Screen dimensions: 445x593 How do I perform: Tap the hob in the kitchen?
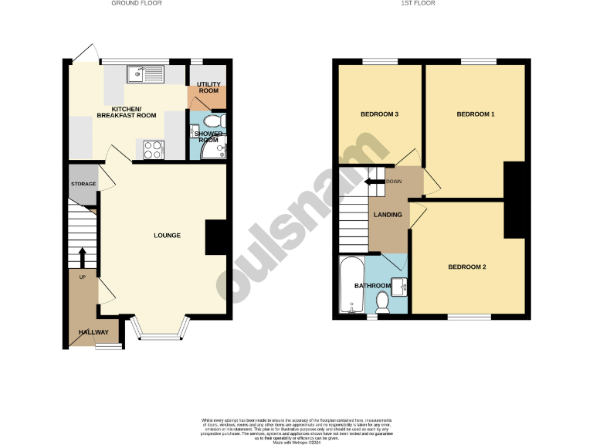(151, 149)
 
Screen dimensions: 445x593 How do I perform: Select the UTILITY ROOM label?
(208, 87)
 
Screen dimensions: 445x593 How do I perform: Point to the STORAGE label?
(83, 184)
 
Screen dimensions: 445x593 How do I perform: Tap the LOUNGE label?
(167, 235)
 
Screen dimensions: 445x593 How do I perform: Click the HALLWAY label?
(93, 333)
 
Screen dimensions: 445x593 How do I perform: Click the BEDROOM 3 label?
(380, 115)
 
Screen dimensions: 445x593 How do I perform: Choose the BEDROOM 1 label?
(475, 114)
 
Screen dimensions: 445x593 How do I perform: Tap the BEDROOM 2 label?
(467, 267)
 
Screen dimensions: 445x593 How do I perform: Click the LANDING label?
(388, 215)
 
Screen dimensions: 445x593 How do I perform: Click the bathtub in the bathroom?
(351, 285)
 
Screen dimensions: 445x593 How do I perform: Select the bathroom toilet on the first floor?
(382, 301)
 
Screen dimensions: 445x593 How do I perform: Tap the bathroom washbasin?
(400, 286)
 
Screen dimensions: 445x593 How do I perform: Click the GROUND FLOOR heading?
(137, 3)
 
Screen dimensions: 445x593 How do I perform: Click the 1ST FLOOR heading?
(418, 3)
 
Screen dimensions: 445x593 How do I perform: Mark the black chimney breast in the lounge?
(216, 237)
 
